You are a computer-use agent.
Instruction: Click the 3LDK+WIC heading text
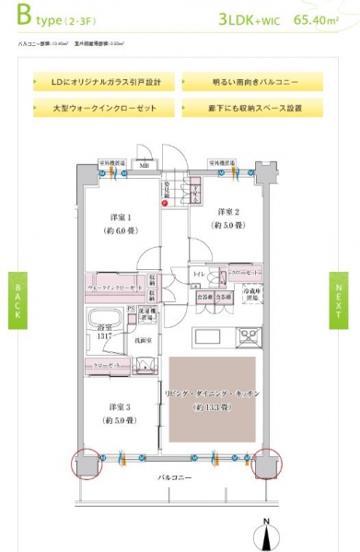[250, 18]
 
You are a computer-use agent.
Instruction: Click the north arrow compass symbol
[265, 533]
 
